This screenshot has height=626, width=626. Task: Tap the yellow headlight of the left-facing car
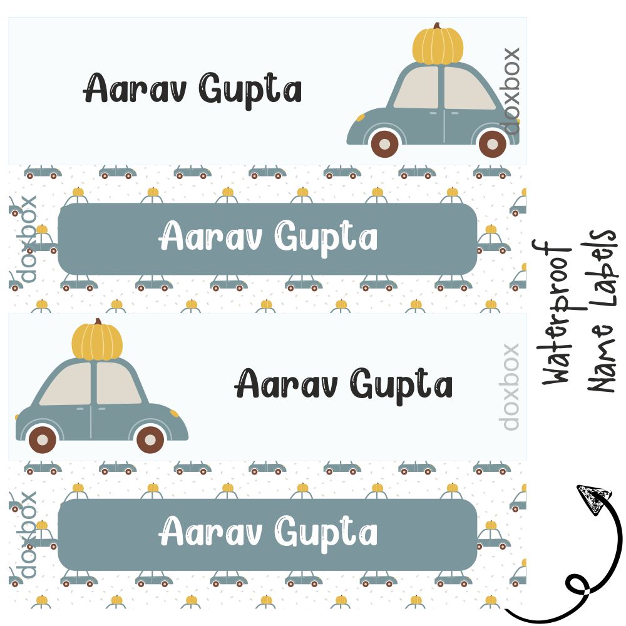point(361,118)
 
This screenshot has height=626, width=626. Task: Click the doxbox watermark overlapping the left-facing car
point(511,91)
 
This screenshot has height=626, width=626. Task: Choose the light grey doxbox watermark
point(510,386)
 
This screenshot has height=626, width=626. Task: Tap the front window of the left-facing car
point(417,88)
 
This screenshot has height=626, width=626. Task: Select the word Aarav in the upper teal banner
point(212,239)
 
